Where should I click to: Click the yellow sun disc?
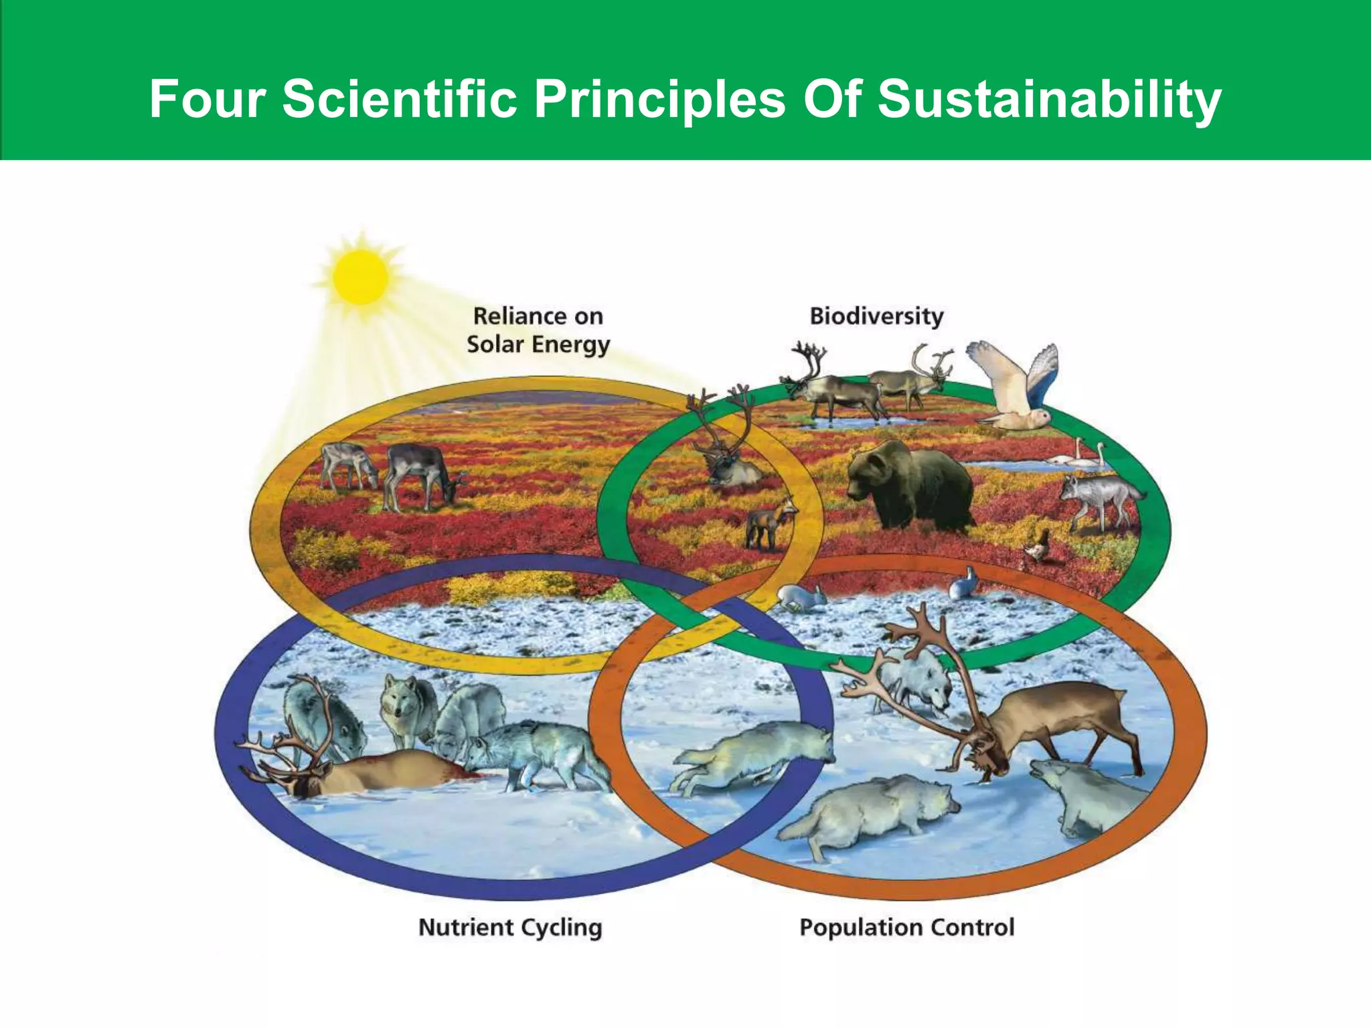[x=361, y=276]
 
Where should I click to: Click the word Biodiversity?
[x=876, y=316]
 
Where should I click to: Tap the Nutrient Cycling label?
[x=510, y=928]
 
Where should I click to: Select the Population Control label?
[x=907, y=928]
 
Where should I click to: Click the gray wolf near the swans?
[x=1098, y=499]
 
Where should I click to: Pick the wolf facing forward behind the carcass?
[x=405, y=709]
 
